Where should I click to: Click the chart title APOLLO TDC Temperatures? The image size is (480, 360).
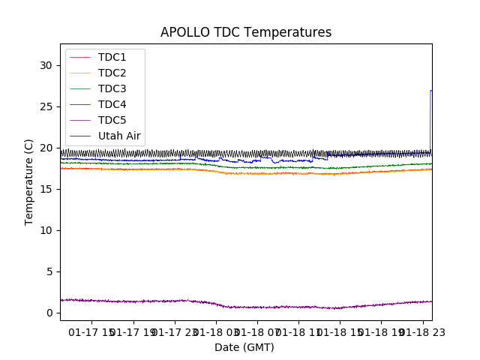(x=246, y=33)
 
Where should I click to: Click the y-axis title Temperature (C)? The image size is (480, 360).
(x=29, y=181)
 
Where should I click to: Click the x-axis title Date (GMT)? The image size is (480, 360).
(x=244, y=347)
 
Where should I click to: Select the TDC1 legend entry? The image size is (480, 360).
(x=112, y=58)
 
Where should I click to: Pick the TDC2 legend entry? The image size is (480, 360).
(x=112, y=73)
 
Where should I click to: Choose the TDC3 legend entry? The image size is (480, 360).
(x=112, y=89)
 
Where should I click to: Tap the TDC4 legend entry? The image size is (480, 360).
(x=112, y=105)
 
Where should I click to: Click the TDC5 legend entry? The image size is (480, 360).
(x=112, y=121)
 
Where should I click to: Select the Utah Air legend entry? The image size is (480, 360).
(x=119, y=136)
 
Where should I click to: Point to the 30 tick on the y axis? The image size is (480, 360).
(x=46, y=65)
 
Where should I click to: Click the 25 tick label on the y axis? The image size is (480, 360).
(x=46, y=106)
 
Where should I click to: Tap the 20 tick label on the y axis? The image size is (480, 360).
(x=46, y=148)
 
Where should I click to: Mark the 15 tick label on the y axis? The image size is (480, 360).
(x=46, y=189)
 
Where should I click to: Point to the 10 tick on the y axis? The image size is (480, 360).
(x=46, y=230)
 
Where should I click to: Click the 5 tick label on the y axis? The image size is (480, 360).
(x=49, y=271)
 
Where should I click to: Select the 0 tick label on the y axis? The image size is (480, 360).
(x=49, y=313)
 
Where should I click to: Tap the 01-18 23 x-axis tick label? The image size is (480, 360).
(x=421, y=331)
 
